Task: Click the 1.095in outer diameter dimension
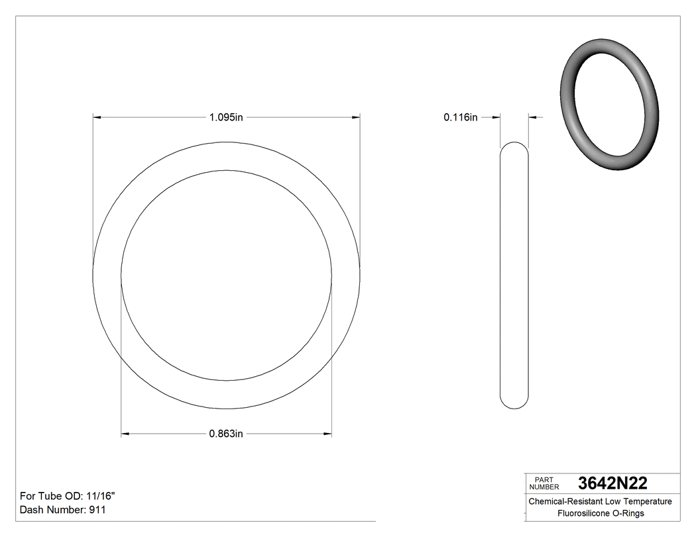[227, 117]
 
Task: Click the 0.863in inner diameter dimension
[227, 434]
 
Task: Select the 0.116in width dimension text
[461, 117]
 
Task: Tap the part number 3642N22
[612, 483]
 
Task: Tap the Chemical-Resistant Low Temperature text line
[600, 501]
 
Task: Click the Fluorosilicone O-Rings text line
[600, 513]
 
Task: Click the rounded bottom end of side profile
[514, 402]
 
